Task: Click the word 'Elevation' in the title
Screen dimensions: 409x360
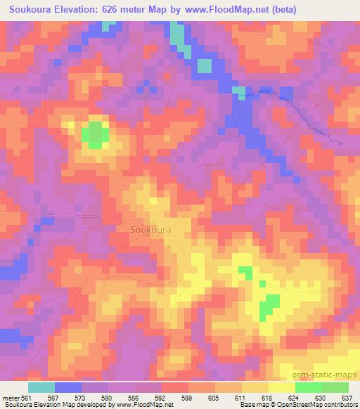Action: [79, 10]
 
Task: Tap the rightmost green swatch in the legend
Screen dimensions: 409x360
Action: [335, 387]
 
